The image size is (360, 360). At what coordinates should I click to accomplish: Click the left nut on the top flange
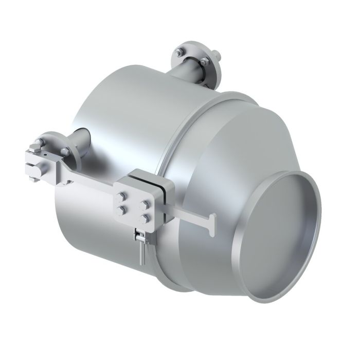[x=178, y=52]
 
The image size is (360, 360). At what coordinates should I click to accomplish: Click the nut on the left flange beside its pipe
[x=65, y=151]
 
